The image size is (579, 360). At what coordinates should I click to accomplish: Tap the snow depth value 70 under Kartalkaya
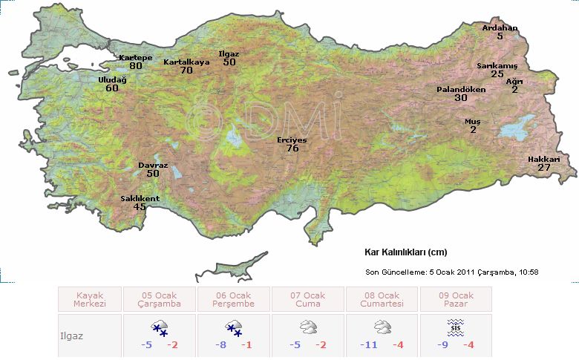(x=186, y=71)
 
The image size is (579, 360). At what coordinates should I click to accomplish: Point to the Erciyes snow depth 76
(x=292, y=148)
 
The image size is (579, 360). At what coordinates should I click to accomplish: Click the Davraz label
(x=152, y=165)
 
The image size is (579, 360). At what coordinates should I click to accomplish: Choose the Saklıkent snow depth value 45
(x=140, y=207)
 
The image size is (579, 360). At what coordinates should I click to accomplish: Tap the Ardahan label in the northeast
(x=500, y=28)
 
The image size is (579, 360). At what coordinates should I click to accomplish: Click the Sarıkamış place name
(x=496, y=65)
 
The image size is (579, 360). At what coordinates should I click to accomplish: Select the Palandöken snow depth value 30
(x=461, y=98)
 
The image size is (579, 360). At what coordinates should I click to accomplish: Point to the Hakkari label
(x=543, y=159)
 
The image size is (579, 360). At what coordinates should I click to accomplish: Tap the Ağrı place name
(x=514, y=81)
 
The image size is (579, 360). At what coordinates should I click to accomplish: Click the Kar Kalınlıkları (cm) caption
(x=405, y=252)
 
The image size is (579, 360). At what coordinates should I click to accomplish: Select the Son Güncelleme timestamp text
(x=451, y=272)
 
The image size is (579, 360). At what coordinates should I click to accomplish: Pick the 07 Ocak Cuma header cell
(x=308, y=299)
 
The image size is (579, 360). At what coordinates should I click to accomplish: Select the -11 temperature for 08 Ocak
(x=369, y=345)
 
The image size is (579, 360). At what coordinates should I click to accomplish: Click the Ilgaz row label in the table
(x=71, y=336)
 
